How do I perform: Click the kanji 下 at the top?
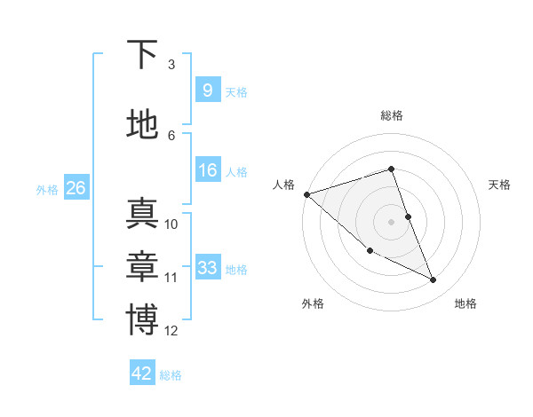(x=142, y=56)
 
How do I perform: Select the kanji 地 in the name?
(x=142, y=123)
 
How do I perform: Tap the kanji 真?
(x=142, y=215)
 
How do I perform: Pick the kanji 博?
(x=142, y=319)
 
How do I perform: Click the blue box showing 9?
(x=207, y=90)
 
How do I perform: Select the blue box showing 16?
(x=207, y=170)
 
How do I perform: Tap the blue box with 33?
(x=207, y=267)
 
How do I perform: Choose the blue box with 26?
(x=76, y=188)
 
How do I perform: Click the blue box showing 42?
(x=142, y=374)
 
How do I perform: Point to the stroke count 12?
(x=171, y=331)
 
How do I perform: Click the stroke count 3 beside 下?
(x=171, y=65)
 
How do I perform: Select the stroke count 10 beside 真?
(x=171, y=224)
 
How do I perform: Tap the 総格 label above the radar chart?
(x=392, y=115)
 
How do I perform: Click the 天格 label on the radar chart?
(x=500, y=185)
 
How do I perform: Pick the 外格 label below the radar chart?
(x=313, y=303)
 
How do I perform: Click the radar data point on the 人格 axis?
(x=306, y=194)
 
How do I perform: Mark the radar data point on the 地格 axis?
(x=434, y=280)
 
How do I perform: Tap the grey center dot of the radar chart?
(x=392, y=222)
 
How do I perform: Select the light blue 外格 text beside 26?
(x=47, y=189)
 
